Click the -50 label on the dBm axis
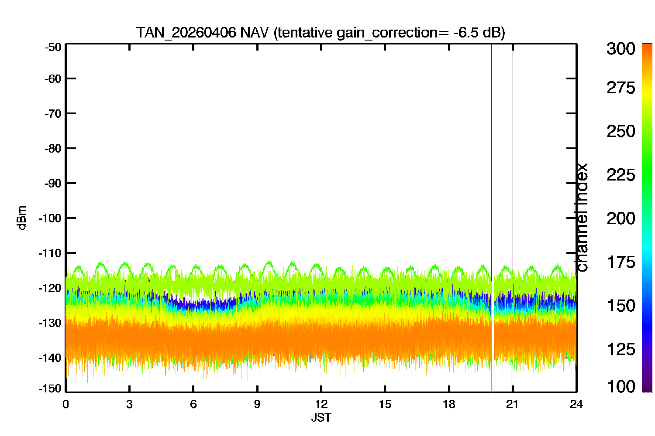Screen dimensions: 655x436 (x=53, y=47)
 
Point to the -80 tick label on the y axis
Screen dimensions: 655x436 (x=53, y=149)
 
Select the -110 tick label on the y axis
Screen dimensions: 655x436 (x=50, y=253)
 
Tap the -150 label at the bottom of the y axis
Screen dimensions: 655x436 (x=50, y=388)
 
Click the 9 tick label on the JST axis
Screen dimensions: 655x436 (x=257, y=405)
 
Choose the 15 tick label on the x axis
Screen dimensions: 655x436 (x=385, y=405)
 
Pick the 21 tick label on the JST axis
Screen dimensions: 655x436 (x=512, y=405)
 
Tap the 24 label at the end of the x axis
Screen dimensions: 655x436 (x=576, y=405)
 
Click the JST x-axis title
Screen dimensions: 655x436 (x=321, y=418)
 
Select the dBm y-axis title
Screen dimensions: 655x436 (x=22, y=218)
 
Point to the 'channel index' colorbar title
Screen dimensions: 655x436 (x=581, y=218)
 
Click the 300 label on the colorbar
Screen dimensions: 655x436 (x=621, y=49)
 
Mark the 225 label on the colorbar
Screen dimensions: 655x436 (x=621, y=175)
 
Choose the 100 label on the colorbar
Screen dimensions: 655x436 (x=621, y=387)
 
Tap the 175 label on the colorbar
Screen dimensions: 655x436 (x=621, y=262)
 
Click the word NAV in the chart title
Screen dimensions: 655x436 (x=254, y=32)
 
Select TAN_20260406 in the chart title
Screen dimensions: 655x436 (x=186, y=33)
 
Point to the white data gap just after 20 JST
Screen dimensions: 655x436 (x=493, y=321)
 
